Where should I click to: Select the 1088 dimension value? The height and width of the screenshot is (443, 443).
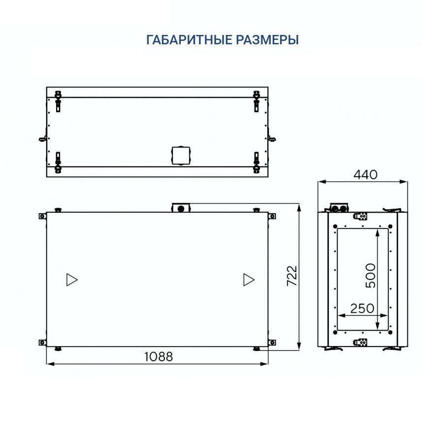click(x=158, y=356)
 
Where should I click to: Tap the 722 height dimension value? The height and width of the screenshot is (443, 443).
click(x=291, y=277)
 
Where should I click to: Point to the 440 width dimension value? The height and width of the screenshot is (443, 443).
click(x=365, y=174)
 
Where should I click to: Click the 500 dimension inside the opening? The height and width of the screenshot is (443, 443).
click(x=371, y=276)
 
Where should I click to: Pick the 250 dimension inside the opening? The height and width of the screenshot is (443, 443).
click(x=362, y=309)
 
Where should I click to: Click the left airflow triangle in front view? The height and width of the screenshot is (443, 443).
click(x=72, y=280)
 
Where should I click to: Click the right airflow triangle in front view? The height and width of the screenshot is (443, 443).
click(x=249, y=280)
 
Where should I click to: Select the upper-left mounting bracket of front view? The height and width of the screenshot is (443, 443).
click(x=42, y=216)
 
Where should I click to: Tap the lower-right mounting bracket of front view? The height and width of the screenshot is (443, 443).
click(x=272, y=343)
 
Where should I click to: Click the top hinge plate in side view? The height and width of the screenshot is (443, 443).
click(x=361, y=216)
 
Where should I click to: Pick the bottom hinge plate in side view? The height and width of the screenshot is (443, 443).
click(x=361, y=342)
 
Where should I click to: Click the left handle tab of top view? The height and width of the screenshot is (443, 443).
click(x=42, y=139)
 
